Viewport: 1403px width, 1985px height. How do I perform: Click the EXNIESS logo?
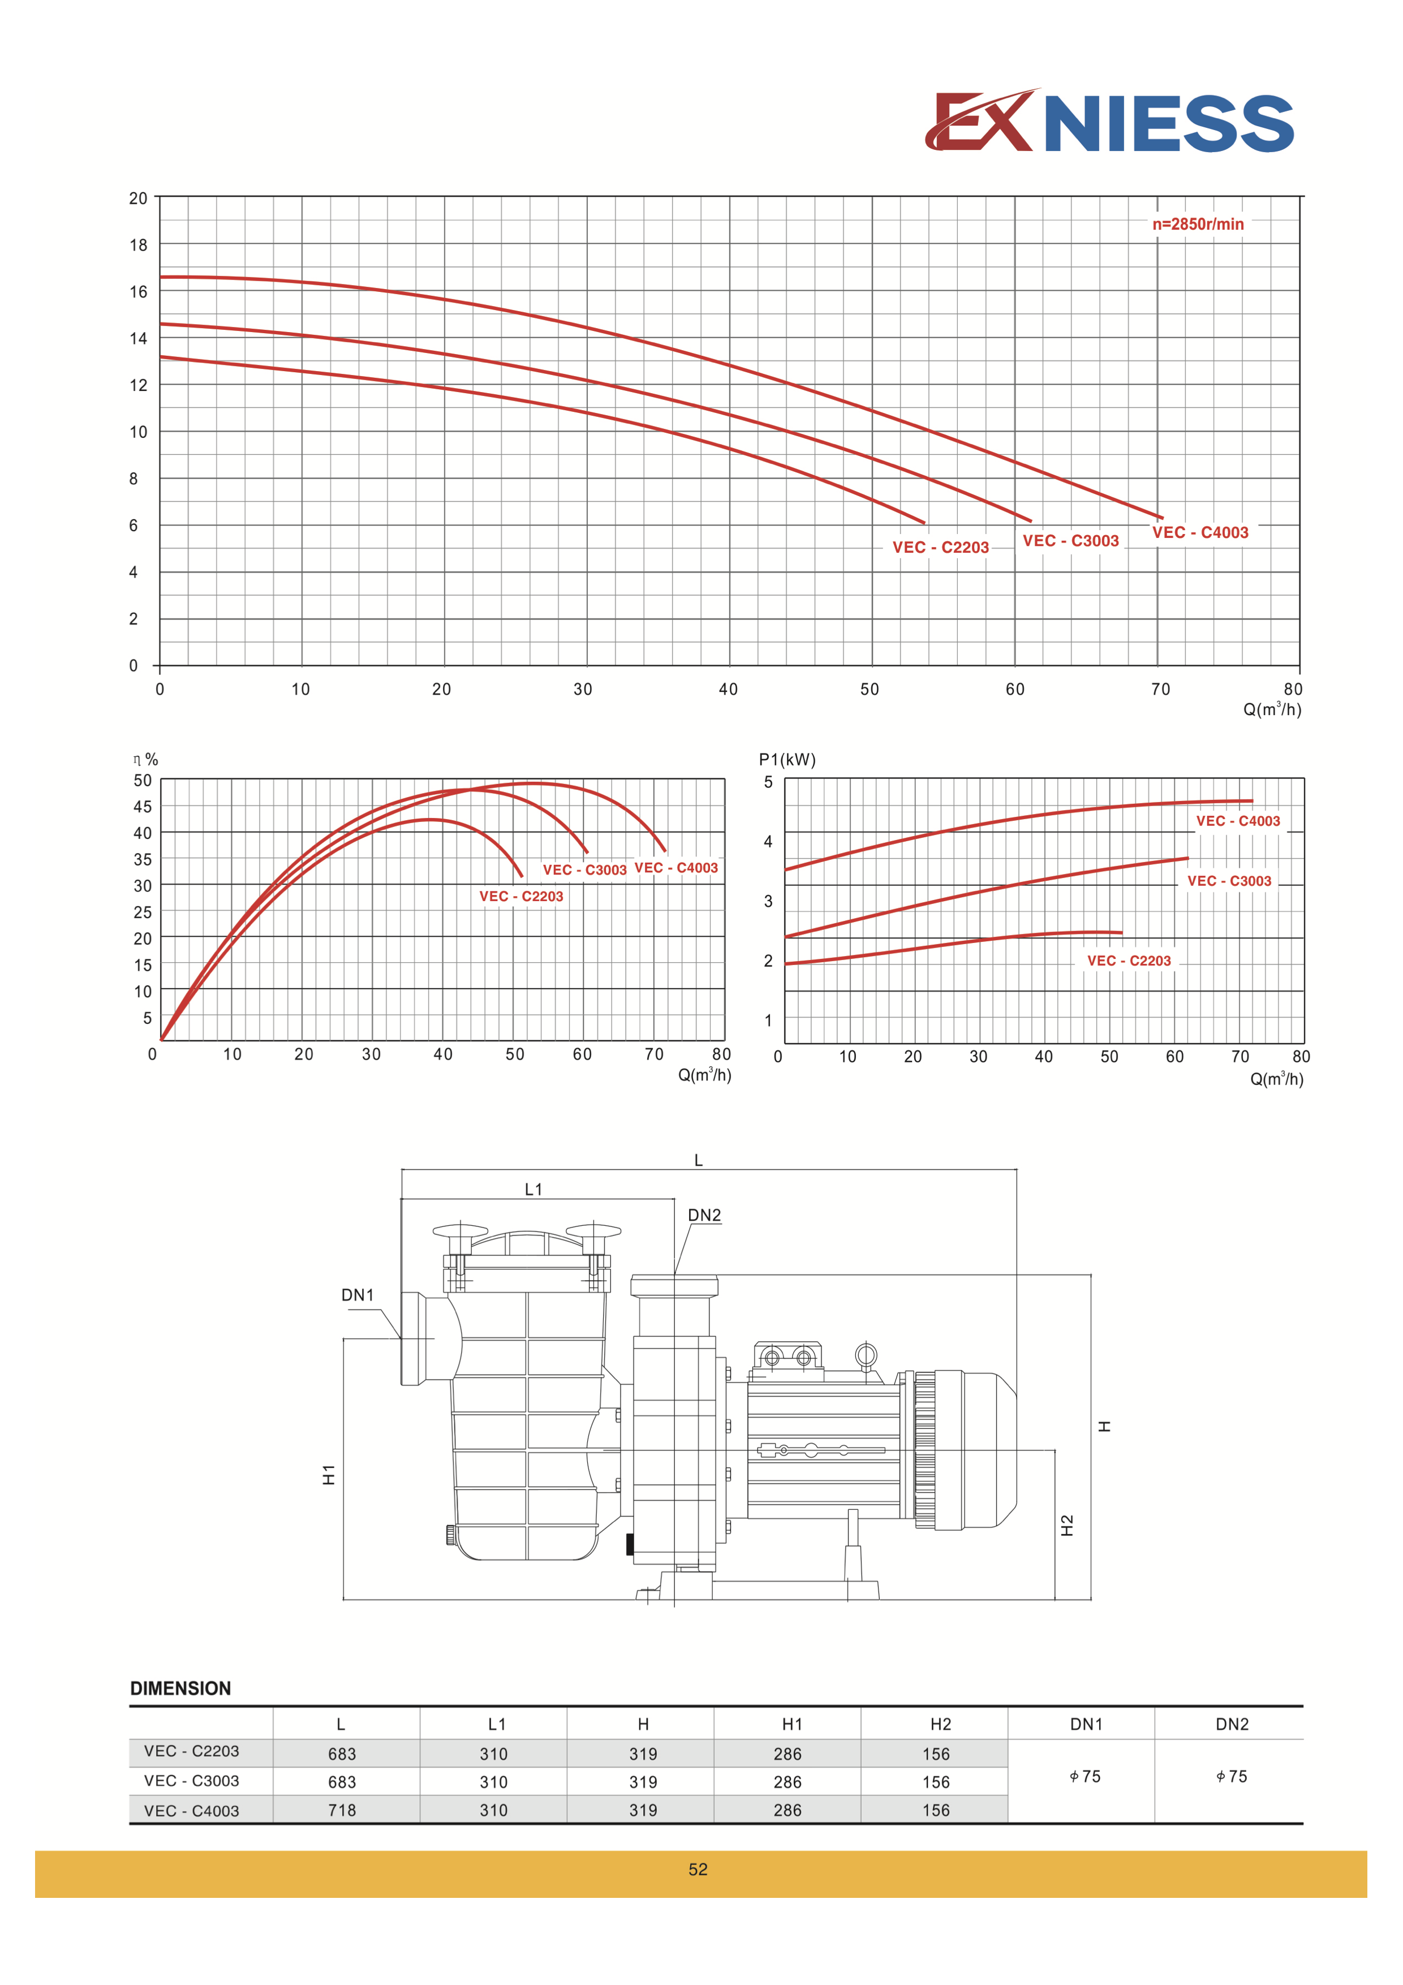1109,121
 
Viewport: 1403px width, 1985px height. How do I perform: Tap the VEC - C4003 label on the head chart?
1200,532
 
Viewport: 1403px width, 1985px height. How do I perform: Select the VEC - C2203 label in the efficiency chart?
521,897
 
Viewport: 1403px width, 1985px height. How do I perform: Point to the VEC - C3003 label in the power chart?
1229,881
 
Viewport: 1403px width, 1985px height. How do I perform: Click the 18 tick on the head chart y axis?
138,245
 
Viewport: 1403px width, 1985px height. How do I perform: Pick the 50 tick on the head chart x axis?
870,689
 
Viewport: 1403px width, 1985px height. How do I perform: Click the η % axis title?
145,759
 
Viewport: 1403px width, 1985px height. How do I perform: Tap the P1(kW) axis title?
787,759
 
